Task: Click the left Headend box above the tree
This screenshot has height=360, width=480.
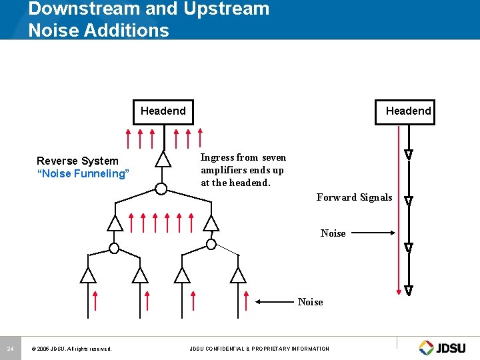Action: [163, 111]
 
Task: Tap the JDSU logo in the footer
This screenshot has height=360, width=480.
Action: [445, 347]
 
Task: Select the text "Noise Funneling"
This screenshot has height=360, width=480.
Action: [82, 174]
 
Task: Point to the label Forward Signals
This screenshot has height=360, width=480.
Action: [354, 197]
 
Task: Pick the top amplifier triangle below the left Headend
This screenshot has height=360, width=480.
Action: [163, 159]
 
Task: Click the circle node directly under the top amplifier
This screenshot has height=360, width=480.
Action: [161, 188]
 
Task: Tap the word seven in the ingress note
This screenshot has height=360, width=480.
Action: [274, 158]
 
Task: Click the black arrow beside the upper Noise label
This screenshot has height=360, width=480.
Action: [373, 233]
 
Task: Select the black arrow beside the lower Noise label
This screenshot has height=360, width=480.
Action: [277, 302]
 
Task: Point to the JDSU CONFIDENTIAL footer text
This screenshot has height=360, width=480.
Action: [259, 349]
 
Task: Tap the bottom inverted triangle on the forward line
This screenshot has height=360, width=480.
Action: [409, 291]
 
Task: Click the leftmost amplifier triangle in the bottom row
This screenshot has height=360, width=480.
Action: [88, 275]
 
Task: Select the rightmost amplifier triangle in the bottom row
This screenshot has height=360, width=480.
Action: [238, 275]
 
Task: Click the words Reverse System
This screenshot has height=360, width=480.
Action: [77, 161]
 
